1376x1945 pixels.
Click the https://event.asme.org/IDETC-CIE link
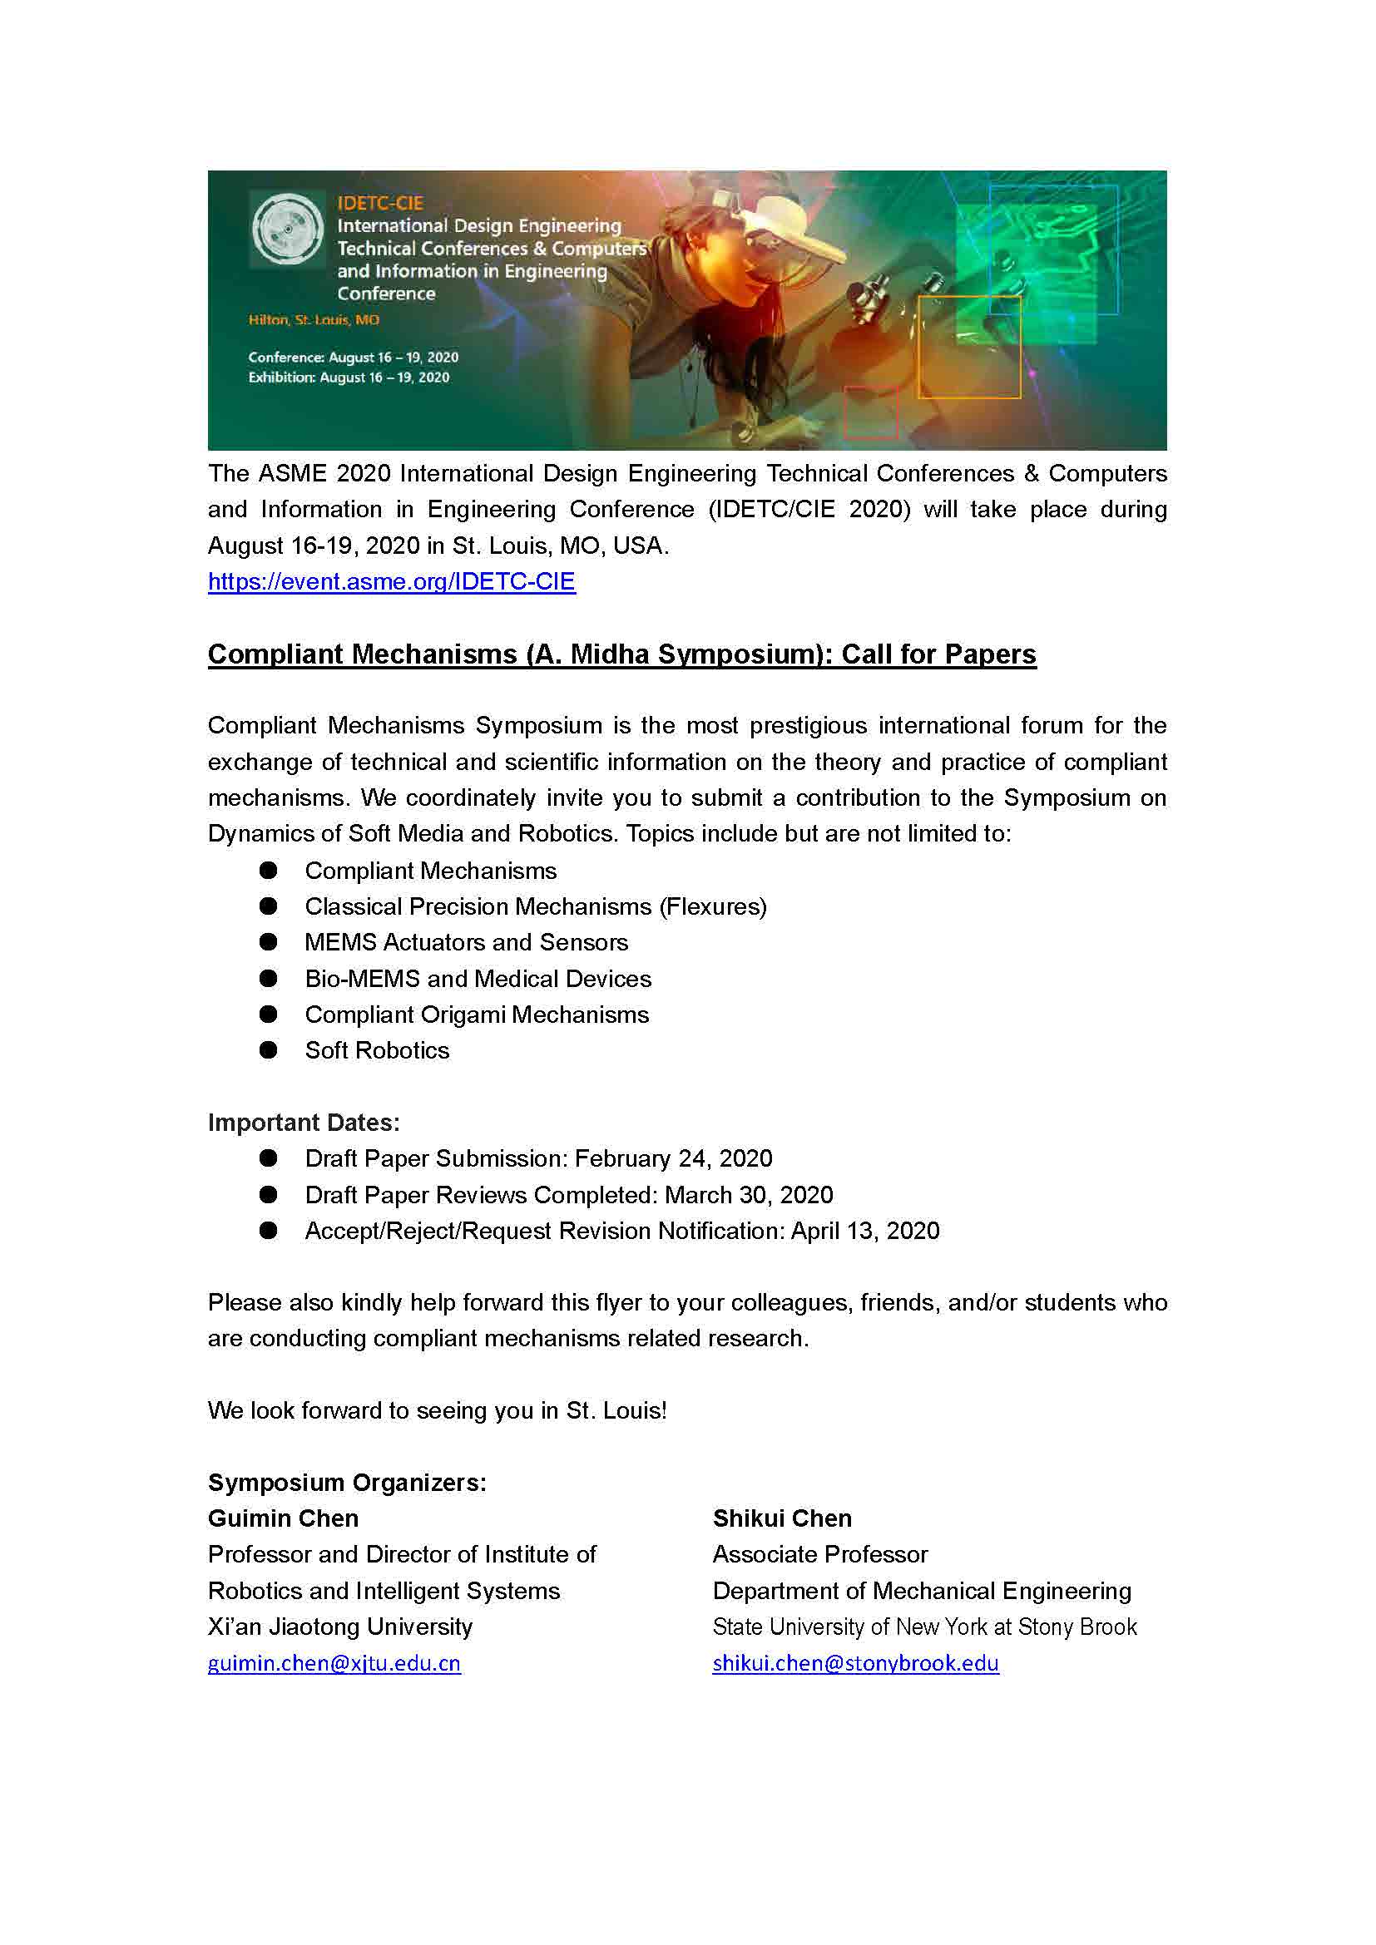pos(392,582)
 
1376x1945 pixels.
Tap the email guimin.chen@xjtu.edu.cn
pos(334,1663)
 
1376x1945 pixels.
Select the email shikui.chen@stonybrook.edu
pos(855,1663)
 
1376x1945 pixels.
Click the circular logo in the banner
pos(287,230)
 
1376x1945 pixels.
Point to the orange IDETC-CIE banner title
pos(379,203)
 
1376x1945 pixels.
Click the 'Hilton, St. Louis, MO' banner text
pos(314,320)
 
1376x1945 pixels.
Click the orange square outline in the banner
pos(968,348)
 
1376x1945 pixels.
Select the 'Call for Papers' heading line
pos(621,654)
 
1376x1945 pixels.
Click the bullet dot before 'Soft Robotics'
pos(269,1050)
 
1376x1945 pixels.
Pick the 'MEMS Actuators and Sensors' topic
pos(466,943)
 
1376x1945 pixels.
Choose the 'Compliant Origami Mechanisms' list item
pos(476,1014)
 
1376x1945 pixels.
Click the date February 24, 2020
pos(674,1159)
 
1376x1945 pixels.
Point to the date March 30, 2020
pos(748,1195)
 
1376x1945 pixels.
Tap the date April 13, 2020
pos(864,1231)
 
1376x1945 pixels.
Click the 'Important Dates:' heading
pos(304,1123)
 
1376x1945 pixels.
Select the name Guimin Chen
pos(283,1519)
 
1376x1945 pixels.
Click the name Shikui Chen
pos(782,1519)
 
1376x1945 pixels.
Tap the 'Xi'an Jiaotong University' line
pos(339,1627)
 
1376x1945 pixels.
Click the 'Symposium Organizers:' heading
pos(347,1483)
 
